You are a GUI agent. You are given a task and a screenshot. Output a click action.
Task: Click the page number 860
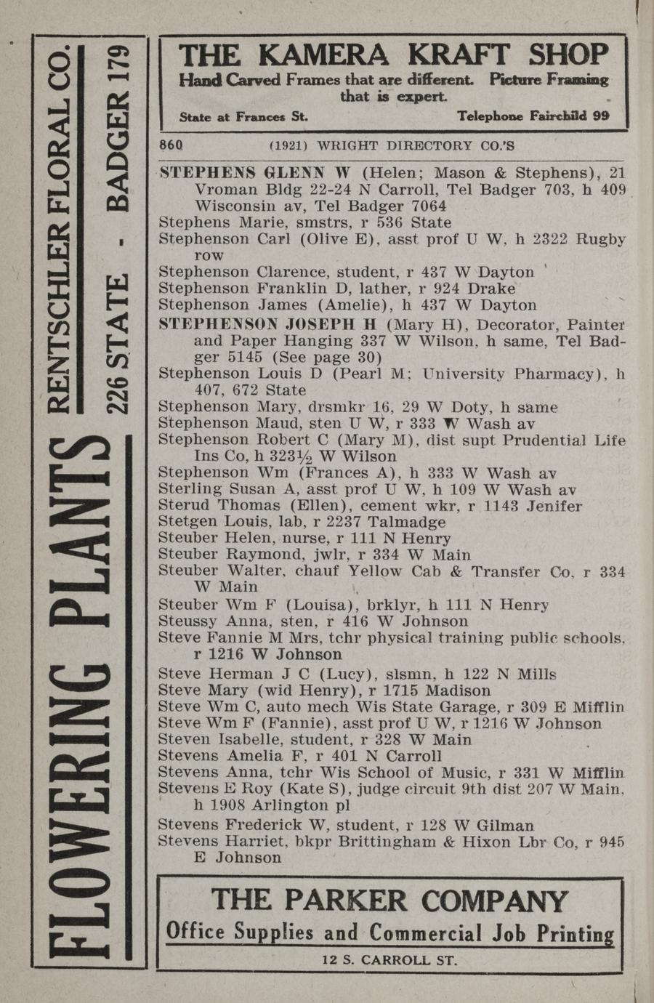point(170,145)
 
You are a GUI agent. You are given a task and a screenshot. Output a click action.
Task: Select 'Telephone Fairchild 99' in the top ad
point(533,116)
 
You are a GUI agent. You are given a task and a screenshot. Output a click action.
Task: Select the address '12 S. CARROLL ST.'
point(389,960)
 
